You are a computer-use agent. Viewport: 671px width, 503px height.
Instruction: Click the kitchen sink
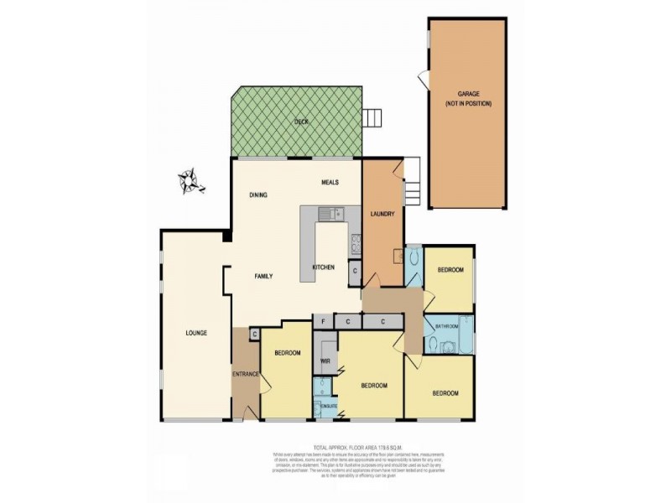335,213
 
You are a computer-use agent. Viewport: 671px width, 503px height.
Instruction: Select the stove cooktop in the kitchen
356,244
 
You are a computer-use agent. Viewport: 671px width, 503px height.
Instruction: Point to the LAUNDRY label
382,214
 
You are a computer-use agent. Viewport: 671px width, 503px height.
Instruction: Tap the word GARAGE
468,93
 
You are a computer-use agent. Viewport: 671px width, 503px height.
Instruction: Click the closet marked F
322,320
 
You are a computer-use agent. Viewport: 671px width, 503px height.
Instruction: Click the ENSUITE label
329,407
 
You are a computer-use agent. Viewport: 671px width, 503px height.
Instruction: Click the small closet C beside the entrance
254,334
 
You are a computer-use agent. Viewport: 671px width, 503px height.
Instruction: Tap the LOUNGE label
196,333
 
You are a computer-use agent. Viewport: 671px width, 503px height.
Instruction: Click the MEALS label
330,181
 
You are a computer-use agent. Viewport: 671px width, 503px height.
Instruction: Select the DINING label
258,194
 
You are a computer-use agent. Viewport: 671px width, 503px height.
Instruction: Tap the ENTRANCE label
244,375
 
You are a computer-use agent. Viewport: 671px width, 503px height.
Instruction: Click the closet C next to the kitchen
355,271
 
